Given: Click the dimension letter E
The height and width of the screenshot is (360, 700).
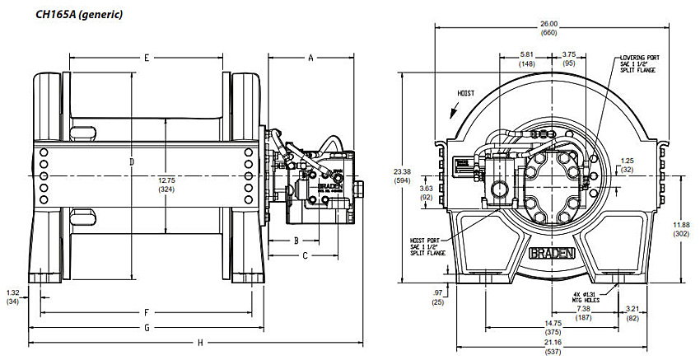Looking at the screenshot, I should (146, 58).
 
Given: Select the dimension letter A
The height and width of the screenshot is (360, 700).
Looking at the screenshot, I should (311, 58).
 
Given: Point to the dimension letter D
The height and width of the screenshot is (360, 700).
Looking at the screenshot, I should (131, 161).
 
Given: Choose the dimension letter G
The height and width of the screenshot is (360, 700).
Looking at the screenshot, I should (146, 328).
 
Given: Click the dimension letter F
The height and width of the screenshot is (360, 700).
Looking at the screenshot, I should (146, 313).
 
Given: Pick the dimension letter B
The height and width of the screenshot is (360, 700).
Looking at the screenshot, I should (296, 241).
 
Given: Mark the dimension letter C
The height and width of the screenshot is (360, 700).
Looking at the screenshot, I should (305, 255).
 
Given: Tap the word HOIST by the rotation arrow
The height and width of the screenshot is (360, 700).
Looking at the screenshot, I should (466, 94).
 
